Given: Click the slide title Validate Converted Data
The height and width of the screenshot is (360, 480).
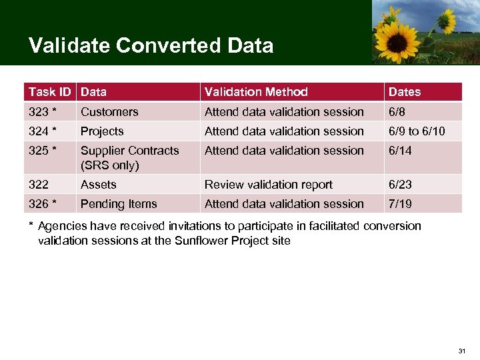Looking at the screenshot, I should pos(151,45).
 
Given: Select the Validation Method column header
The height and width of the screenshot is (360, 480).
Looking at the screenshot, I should pos(256,92).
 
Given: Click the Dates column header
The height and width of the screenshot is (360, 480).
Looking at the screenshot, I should pos(405,92).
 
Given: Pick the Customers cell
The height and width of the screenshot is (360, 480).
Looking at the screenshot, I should pos(109,112).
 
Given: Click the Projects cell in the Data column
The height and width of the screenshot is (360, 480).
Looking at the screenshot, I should pos(102,131).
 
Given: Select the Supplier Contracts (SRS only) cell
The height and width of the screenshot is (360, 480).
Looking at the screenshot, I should pos(130,158).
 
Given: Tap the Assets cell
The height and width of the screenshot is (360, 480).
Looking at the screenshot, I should pos(99,185).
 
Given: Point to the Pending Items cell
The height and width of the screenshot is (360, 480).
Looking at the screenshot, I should pos(119,204).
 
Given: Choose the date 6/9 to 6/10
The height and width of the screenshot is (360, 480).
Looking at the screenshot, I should pos(417,131).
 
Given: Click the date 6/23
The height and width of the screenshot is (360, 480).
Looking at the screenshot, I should pos(401,185).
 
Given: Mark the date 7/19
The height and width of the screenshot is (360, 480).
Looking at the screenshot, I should pos(401,204).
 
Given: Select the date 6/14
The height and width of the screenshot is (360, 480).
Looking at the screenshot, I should pos(401,151).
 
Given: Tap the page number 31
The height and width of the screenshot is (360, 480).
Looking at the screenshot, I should pos(462,351).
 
